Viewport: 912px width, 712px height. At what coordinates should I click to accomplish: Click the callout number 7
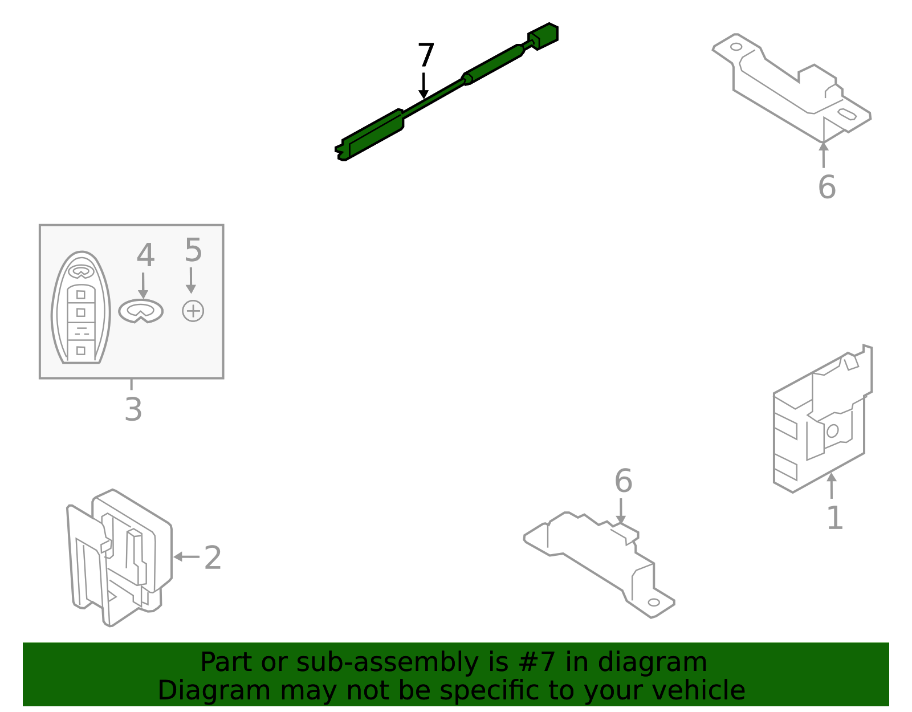point(426,55)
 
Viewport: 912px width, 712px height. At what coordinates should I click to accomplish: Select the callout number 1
point(835,518)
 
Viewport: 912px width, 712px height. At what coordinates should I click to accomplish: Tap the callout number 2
point(213,558)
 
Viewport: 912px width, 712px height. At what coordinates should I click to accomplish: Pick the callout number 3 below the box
point(133,409)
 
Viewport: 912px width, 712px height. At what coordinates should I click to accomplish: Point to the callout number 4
point(145,255)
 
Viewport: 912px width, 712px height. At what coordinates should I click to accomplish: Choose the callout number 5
point(193,250)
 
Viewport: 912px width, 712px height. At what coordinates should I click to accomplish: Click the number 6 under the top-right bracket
point(827,187)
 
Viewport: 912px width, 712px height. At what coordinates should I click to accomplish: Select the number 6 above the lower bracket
point(624,481)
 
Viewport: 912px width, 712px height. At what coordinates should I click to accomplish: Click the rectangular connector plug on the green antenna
point(543,36)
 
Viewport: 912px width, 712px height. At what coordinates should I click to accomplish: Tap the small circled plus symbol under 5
point(193,311)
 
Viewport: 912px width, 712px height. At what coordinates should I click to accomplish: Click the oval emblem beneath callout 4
point(141,311)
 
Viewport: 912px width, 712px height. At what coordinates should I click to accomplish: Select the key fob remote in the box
point(81,307)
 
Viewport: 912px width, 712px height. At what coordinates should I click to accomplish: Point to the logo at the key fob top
point(81,272)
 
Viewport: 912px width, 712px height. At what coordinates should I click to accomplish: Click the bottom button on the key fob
point(81,351)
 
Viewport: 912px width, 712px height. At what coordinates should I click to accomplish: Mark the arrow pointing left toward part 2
point(186,557)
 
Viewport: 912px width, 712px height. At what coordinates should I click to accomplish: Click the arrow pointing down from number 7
point(424,86)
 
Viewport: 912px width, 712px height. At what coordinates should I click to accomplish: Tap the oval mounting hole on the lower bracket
point(654,603)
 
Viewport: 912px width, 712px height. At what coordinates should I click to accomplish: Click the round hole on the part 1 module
point(832,431)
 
